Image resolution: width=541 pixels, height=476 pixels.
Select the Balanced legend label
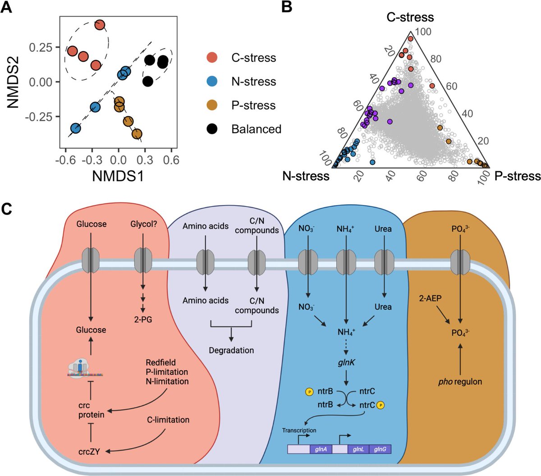click(x=256, y=129)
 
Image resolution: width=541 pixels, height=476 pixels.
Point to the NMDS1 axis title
click(x=118, y=176)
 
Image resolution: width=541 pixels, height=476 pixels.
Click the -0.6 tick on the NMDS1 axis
click(x=66, y=160)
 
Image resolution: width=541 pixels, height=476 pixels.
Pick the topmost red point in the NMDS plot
click(x=100, y=25)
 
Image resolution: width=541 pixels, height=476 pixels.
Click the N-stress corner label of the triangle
click(x=306, y=176)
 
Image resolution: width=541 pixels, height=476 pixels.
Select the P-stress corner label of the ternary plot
click(x=517, y=176)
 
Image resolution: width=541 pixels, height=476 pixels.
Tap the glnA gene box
click(x=321, y=449)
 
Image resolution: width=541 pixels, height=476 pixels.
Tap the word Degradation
click(x=231, y=350)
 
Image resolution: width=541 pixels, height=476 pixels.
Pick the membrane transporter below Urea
click(x=383, y=261)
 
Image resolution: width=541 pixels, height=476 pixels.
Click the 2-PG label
click(x=143, y=320)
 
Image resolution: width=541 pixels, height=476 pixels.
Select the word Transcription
click(x=299, y=430)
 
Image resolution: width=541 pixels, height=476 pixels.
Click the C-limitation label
click(x=168, y=420)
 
